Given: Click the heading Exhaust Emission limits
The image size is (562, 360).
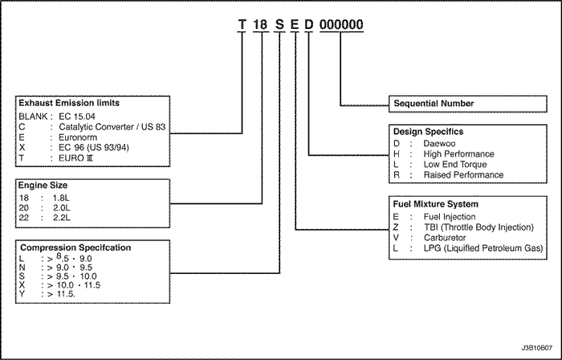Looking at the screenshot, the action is tap(69, 103).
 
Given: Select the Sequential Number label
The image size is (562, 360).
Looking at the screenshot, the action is tap(434, 104).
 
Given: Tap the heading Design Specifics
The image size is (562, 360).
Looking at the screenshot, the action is tap(428, 132).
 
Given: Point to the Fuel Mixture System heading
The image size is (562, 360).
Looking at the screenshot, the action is tap(435, 204).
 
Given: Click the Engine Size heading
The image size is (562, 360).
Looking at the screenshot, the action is tap(43, 186).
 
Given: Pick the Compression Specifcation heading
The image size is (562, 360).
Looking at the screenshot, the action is tap(75, 247).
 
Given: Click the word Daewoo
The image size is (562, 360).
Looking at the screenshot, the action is tap(439, 143).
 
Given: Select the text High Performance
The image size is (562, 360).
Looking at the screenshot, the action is tap(458, 153).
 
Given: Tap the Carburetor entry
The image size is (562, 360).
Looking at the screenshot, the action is tap(445, 238).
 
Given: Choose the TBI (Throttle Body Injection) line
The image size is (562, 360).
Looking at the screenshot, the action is tap(479, 227).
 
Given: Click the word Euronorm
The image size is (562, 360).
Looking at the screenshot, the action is tap(78, 137).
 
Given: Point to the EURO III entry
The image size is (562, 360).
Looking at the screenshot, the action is tap(76, 158).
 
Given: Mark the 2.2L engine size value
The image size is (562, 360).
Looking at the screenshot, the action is tap(62, 218).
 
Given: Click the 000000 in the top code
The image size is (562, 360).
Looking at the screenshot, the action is tap(341, 24).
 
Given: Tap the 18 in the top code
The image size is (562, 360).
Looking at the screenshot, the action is tap(260, 24).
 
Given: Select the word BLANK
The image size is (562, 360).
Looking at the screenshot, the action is tap(33, 117).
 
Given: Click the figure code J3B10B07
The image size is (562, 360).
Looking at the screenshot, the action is tap(537, 348).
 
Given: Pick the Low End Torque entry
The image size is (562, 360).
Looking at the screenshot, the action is tap(455, 164).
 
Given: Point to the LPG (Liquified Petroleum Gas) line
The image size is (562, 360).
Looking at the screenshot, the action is tap(483, 248).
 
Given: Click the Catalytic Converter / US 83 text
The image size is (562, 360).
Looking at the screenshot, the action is tap(112, 127).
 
